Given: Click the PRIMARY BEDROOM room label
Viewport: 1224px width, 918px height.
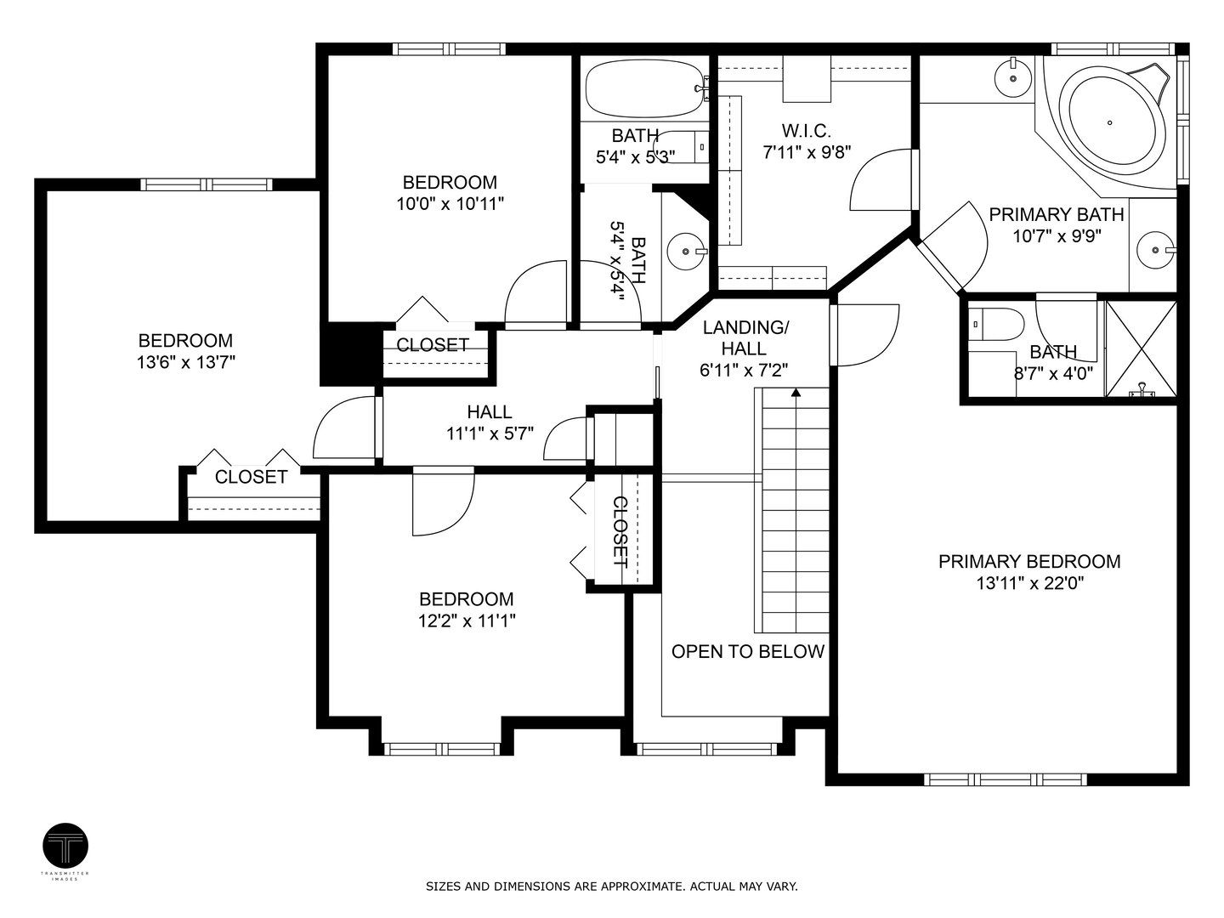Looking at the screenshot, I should coord(1028,562).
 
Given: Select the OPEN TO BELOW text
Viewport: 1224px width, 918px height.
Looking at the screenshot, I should coord(747,652).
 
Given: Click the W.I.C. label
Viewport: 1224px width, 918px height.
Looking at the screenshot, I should coord(806,131).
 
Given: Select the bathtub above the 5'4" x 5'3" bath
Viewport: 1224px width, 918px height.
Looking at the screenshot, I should coord(644,88).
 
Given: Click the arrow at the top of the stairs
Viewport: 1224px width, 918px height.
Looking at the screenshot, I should coord(796,393).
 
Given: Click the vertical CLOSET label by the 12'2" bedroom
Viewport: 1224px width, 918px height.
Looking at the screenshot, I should coord(620,531).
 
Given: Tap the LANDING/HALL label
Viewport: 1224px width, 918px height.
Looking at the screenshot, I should coord(745,337).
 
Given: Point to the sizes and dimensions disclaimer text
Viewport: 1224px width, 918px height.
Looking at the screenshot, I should coord(611,887).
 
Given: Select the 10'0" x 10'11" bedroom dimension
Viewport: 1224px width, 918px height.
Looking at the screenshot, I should coord(450,204).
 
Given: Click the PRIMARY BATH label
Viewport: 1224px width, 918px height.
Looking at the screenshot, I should coord(1056,215).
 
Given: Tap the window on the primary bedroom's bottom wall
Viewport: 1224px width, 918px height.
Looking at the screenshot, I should coord(1005,779).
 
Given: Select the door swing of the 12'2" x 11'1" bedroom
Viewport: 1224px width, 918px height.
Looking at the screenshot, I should coord(442,501).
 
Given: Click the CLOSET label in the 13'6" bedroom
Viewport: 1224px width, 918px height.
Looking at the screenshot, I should coord(251,477).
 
